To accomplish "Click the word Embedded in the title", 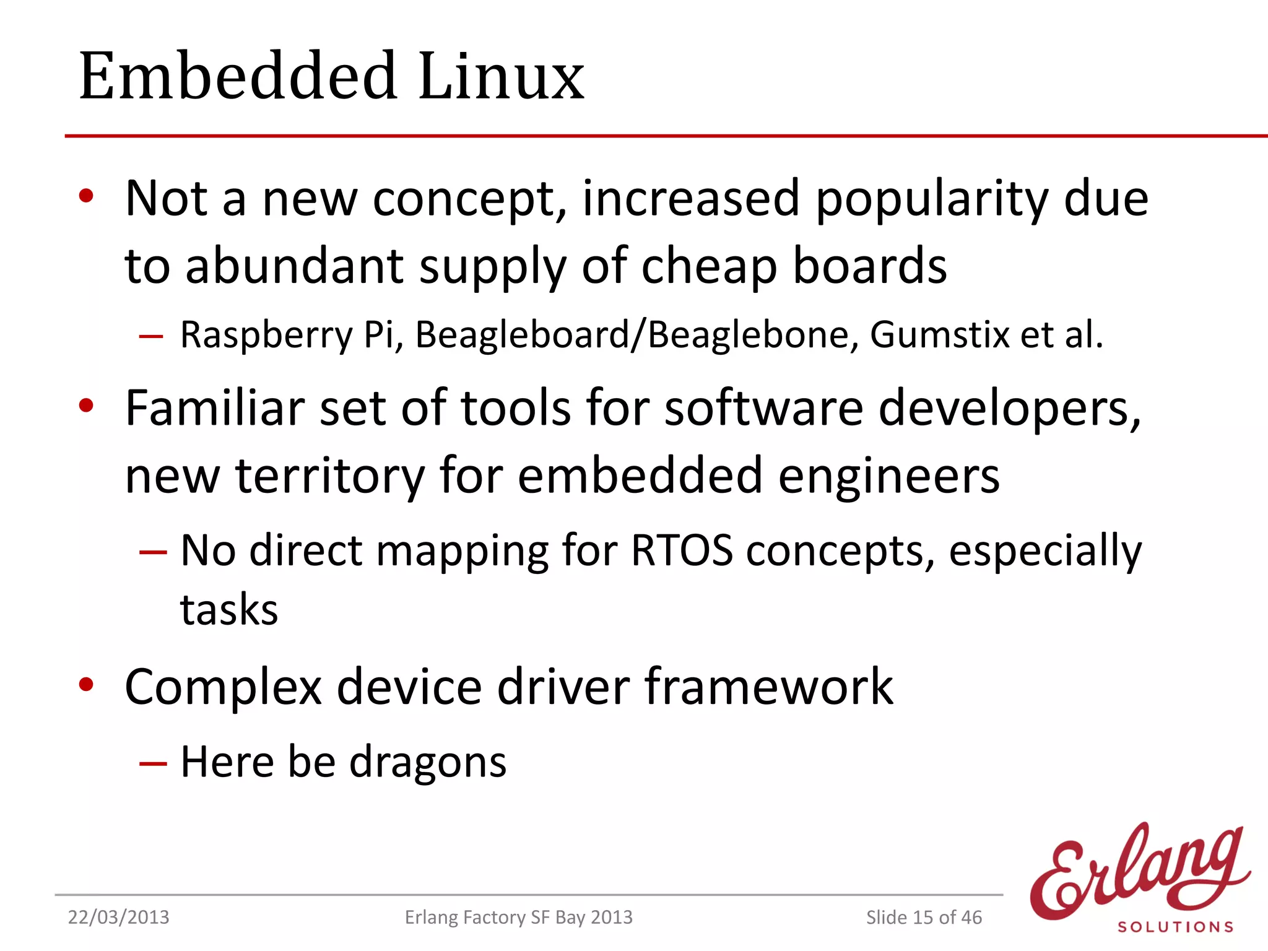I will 238,76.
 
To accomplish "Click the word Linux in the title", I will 502,76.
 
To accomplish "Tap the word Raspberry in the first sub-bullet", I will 266,335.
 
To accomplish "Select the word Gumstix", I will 940,335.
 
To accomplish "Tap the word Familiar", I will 215,408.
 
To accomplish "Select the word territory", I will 330,476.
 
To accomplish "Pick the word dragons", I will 428,762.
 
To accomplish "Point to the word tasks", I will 229,610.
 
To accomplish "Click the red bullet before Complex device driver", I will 86,685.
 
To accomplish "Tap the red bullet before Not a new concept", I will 86,196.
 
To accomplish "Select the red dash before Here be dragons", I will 152,763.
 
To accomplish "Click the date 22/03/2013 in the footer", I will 118,917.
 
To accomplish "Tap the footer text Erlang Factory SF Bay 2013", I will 519,917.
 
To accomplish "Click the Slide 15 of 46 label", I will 924,917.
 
